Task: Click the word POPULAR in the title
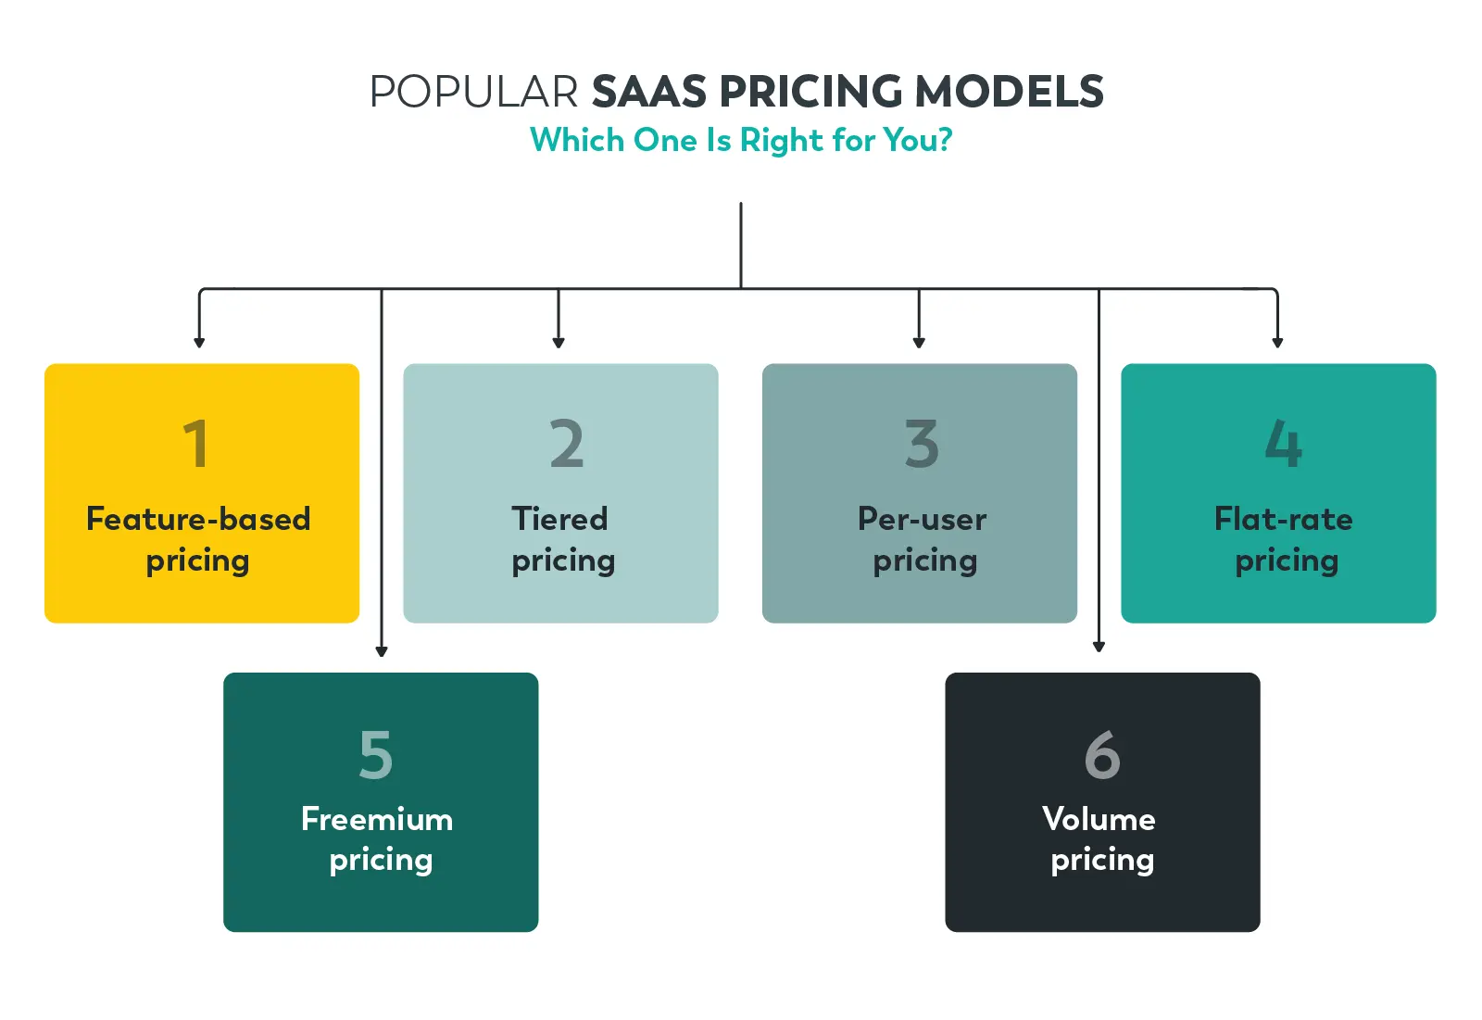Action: coord(473,93)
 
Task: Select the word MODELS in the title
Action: coord(1009,93)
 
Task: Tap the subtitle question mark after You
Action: coord(944,141)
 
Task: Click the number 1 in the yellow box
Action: coord(195,444)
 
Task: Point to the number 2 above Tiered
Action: coord(566,444)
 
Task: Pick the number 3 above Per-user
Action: coord(922,444)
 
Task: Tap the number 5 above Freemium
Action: coord(376,754)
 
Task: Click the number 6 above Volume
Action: coord(1102,754)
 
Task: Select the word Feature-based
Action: coord(198,519)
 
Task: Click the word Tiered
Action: coord(559,519)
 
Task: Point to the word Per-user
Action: coord(922,519)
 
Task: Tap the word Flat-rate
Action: coord(1283,519)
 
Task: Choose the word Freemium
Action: coord(377,819)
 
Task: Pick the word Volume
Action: coord(1099,819)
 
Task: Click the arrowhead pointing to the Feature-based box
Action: coord(199,343)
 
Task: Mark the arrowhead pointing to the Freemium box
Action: coord(382,651)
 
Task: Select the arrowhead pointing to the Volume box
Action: coord(1099,647)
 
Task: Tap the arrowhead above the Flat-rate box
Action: coord(1277,343)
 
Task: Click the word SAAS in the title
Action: coord(649,93)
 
